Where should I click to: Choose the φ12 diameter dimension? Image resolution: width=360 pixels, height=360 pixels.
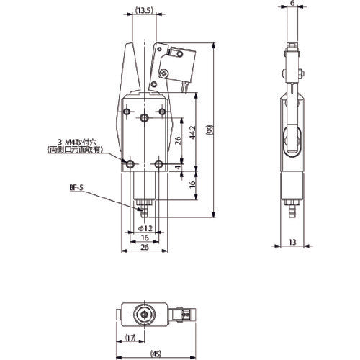pos(144,228)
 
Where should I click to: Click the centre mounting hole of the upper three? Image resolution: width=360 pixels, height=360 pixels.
pos(145,117)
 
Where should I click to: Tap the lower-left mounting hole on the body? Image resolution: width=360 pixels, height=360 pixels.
pos(130,166)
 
